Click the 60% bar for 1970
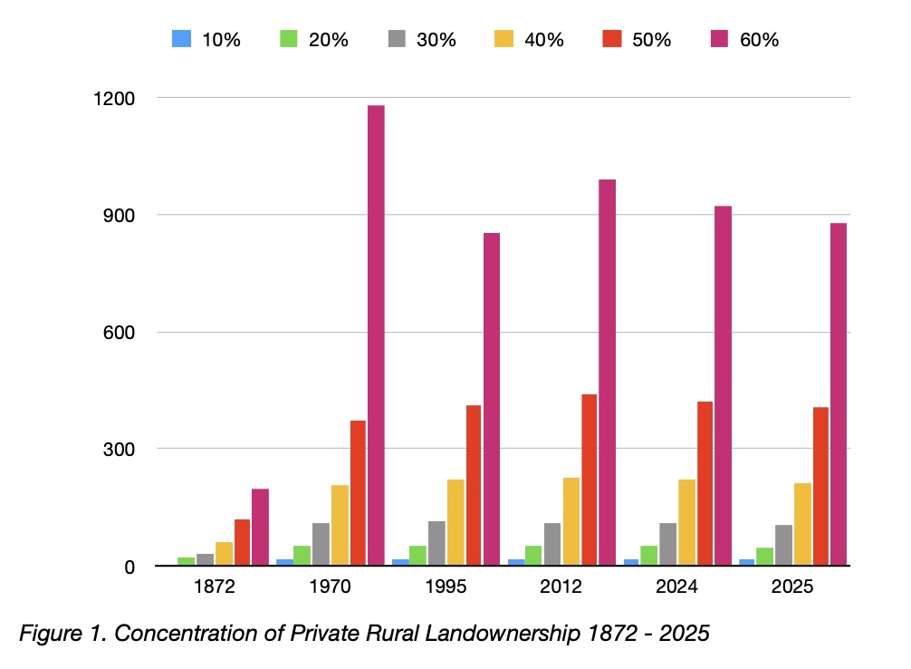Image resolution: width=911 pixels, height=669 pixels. [376, 335]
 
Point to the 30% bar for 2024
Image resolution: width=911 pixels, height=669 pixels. [667, 545]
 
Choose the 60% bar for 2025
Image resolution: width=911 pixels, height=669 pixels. [839, 394]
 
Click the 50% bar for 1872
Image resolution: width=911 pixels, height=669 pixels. [242, 543]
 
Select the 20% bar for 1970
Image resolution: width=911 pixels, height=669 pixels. [302, 556]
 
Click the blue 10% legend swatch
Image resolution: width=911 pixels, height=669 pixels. [181, 39]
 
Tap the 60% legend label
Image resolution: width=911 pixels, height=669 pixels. [759, 39]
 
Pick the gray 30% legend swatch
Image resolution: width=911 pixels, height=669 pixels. [397, 39]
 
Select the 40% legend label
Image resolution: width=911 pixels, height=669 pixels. [542, 39]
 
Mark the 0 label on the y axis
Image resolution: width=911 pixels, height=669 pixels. [131, 567]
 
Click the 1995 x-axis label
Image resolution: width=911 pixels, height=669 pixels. [446, 587]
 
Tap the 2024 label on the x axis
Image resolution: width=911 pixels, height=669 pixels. [676, 587]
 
